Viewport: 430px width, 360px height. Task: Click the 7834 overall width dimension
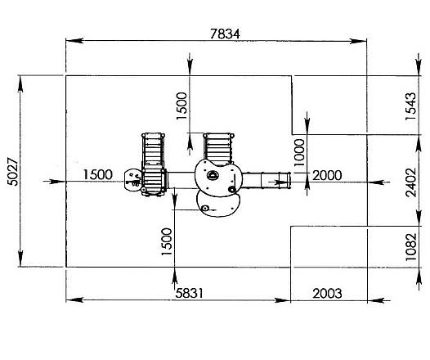pos(225,34)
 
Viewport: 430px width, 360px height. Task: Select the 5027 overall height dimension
pos(13,172)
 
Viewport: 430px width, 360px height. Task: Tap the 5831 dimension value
pos(189,294)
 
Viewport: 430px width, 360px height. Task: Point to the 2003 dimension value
pos(327,294)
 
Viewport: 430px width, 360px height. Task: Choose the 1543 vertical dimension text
pos(411,106)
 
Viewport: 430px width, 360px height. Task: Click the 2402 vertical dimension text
pos(411,182)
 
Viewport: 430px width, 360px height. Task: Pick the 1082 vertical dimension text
pos(411,246)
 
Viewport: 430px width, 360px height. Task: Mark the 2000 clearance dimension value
pos(327,175)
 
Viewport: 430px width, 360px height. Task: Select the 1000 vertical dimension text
pos(299,152)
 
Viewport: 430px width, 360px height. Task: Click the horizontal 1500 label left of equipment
pos(97,174)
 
